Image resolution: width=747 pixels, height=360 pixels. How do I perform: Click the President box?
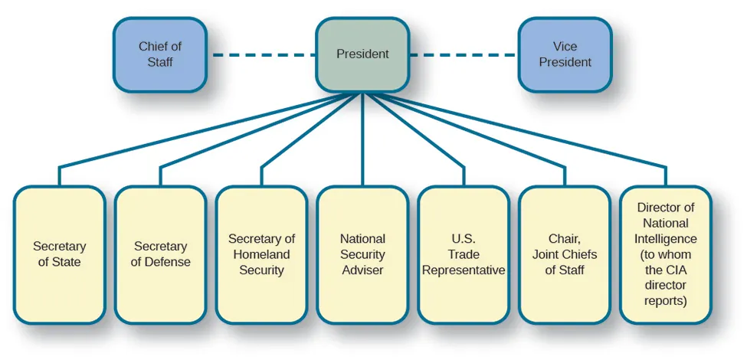[x=362, y=54]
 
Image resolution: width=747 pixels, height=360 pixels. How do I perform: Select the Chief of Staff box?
[x=160, y=54]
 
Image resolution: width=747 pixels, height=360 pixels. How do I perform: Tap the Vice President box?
[x=565, y=54]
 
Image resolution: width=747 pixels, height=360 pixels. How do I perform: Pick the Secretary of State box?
[x=59, y=254]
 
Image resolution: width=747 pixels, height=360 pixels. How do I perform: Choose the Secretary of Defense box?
[x=160, y=254]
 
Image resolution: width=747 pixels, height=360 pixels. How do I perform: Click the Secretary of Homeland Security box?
[x=261, y=254]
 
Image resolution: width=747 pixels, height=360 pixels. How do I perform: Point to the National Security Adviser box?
[x=362, y=254]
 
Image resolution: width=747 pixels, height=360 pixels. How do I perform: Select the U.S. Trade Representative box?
[x=464, y=254]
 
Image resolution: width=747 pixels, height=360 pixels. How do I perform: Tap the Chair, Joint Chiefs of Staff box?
[x=565, y=254]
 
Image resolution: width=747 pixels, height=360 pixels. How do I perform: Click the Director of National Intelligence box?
[x=666, y=254]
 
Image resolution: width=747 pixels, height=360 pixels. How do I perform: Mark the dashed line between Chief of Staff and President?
[x=261, y=54]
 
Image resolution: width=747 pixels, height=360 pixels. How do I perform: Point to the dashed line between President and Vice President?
[x=464, y=54]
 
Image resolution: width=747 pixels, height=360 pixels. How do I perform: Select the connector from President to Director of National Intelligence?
[x=536, y=134]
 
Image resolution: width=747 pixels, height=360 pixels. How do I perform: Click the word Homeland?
[x=261, y=254]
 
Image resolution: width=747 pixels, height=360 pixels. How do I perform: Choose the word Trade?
[x=464, y=254]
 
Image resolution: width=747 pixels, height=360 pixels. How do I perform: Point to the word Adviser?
[x=362, y=270]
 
